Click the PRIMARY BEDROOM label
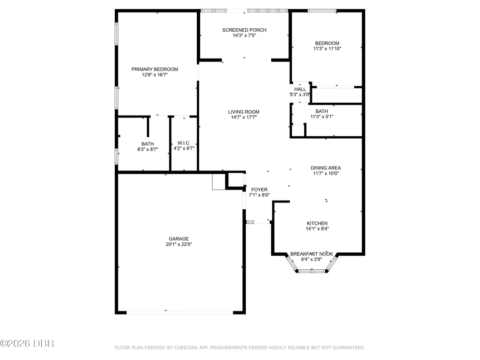(x=155, y=69)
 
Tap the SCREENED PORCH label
(x=244, y=30)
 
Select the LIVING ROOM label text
(x=244, y=112)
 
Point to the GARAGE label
(x=179, y=239)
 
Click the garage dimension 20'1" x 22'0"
(x=179, y=244)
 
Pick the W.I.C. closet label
(x=184, y=143)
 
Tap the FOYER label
(x=259, y=190)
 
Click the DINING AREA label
(x=326, y=168)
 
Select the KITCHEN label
(x=317, y=224)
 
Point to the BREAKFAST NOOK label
(x=312, y=254)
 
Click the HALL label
(x=300, y=89)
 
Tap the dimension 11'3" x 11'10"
(x=327, y=48)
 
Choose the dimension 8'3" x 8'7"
(x=147, y=149)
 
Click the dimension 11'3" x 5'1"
(x=322, y=117)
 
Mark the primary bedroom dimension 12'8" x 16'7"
(x=155, y=75)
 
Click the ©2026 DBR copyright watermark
(x=27, y=344)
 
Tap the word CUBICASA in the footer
(x=186, y=348)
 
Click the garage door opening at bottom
(x=180, y=312)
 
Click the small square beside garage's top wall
(x=218, y=182)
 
